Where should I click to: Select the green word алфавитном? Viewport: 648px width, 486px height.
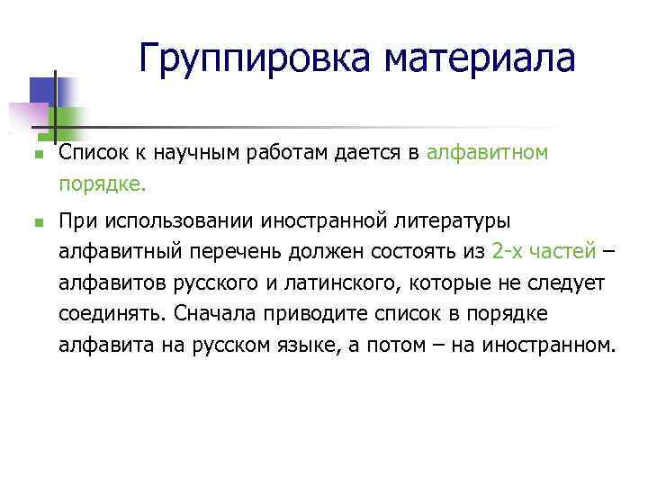[487, 154]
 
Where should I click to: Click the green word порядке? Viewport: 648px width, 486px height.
[101, 185]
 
